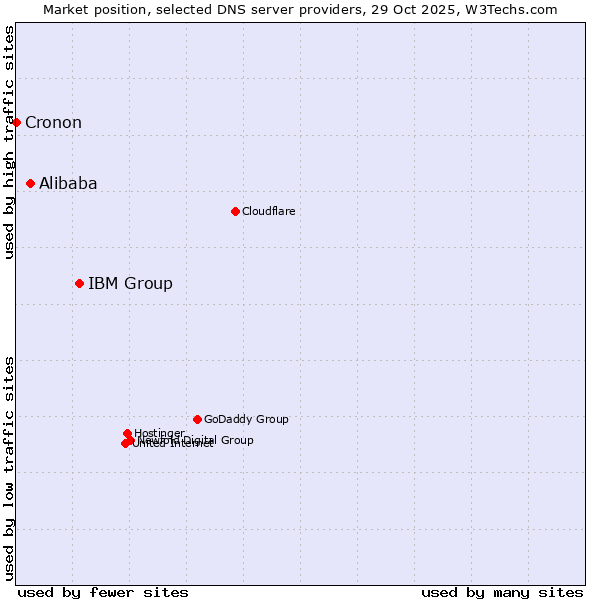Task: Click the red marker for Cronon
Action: tap(16, 122)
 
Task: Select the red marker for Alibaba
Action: tap(31, 183)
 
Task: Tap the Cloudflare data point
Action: tap(235, 211)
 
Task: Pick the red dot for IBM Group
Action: tap(79, 283)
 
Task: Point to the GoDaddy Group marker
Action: tap(197, 419)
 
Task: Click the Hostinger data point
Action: tap(127, 433)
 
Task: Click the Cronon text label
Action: tap(53, 123)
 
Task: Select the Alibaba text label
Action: tap(68, 183)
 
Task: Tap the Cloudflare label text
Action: tap(268, 211)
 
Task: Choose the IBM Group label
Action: tap(130, 283)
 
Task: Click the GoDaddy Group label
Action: tap(246, 419)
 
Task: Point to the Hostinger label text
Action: tap(159, 433)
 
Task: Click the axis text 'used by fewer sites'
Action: tap(103, 592)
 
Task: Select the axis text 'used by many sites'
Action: tap(502, 592)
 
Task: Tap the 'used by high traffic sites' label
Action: tap(9, 142)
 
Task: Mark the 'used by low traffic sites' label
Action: tap(9, 467)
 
